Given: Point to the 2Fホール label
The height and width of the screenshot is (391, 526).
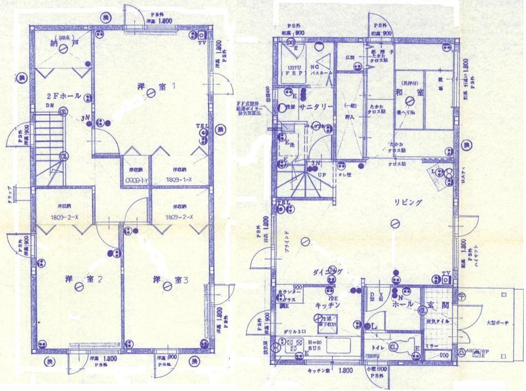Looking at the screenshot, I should pos(64,97).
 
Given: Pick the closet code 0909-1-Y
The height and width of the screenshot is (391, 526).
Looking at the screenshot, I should pos(136,180).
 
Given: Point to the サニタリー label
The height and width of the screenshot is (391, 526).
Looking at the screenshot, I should pos(316,106).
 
